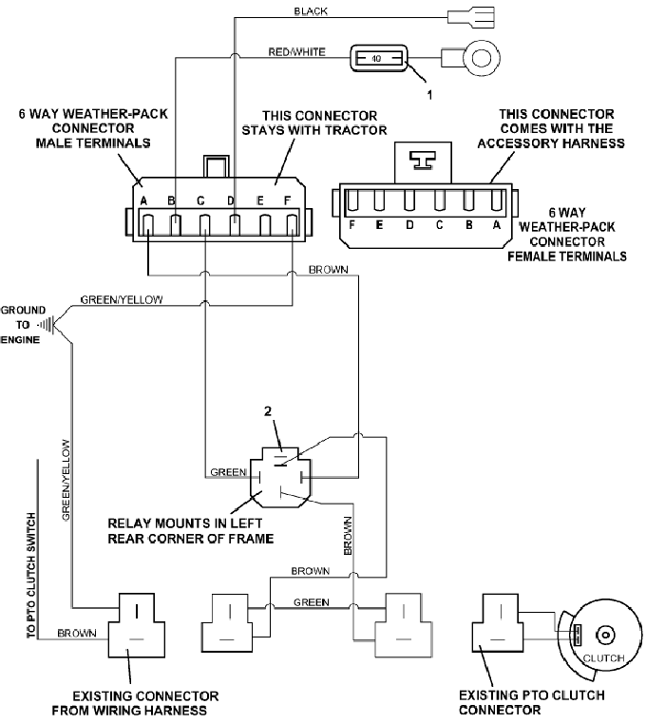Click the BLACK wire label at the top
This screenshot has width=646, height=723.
click(311, 11)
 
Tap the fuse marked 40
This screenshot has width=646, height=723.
click(379, 59)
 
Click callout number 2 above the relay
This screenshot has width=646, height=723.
click(270, 412)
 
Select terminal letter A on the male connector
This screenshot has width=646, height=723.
click(143, 201)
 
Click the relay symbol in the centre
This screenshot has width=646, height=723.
click(276, 472)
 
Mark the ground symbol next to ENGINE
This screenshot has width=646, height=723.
click(45, 324)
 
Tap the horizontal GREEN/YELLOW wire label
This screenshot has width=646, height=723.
click(121, 299)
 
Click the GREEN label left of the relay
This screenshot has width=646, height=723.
click(228, 471)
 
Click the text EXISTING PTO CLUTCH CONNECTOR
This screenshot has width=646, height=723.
click(532, 702)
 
